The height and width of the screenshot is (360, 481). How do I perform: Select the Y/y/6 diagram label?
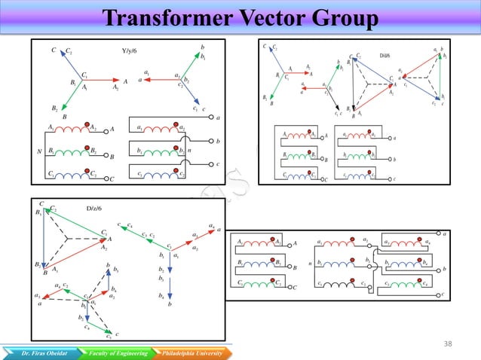point(130,51)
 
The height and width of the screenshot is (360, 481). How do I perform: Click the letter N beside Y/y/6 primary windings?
point(39,151)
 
